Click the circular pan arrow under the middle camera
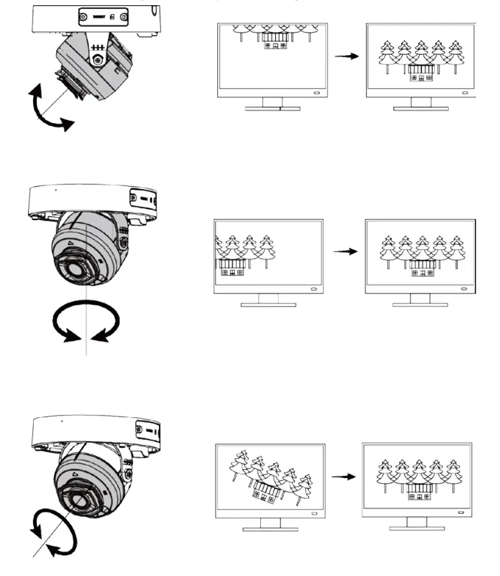click(86, 320)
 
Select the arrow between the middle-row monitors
click(344, 252)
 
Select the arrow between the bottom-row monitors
click(344, 476)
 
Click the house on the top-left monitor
click(274, 44)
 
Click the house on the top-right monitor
click(421, 72)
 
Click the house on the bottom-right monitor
click(419, 493)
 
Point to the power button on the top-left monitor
click(316, 93)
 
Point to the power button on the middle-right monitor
click(464, 289)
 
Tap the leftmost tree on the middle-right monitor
click(386, 250)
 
